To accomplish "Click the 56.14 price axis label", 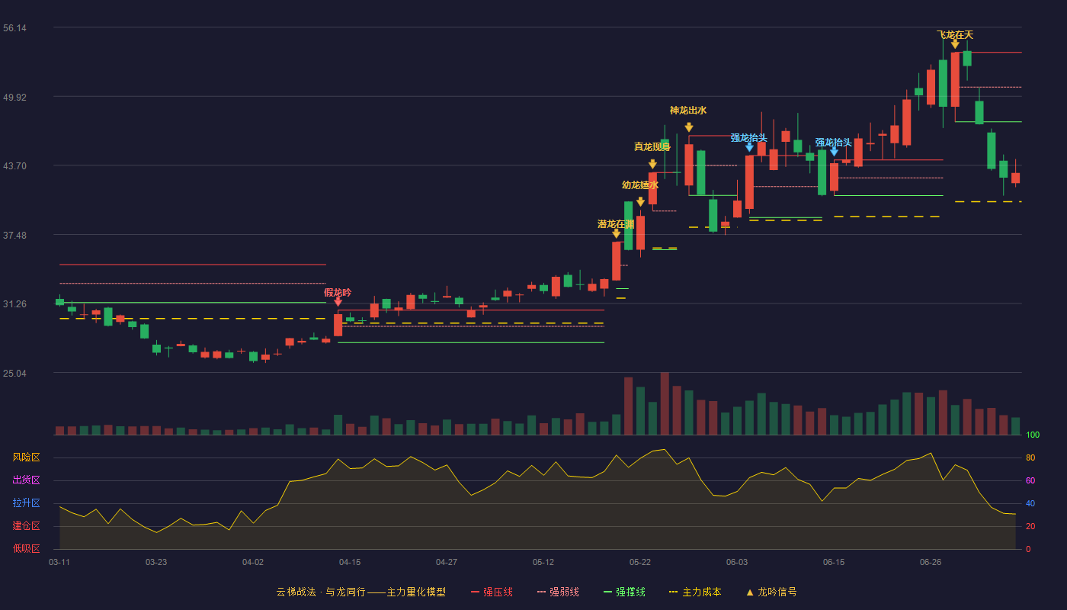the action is (x=14, y=28).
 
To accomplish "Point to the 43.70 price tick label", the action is (x=14, y=166).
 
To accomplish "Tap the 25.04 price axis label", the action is (x=14, y=373).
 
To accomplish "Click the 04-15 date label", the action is (x=350, y=563).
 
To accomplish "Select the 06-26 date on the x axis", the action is (x=931, y=563).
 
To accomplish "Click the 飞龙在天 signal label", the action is (x=955, y=35).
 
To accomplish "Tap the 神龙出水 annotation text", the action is (x=688, y=111).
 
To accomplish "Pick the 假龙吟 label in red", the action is (x=338, y=293).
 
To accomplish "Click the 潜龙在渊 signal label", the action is (x=616, y=224).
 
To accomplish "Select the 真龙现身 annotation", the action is (x=652, y=146).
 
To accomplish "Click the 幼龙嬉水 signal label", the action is (x=640, y=185).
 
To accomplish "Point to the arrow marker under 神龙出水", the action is (x=689, y=127).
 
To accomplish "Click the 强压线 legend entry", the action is (x=492, y=592).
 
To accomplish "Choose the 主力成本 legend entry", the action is (x=695, y=592).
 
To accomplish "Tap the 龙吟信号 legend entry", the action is (x=771, y=592).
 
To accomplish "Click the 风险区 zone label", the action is (x=26, y=457).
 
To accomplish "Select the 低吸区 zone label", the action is (x=26, y=548).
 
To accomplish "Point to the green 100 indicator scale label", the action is (x=1033, y=435).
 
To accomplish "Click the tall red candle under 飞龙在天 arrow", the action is (x=955, y=79).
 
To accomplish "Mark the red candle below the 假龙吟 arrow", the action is (x=338, y=325).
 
